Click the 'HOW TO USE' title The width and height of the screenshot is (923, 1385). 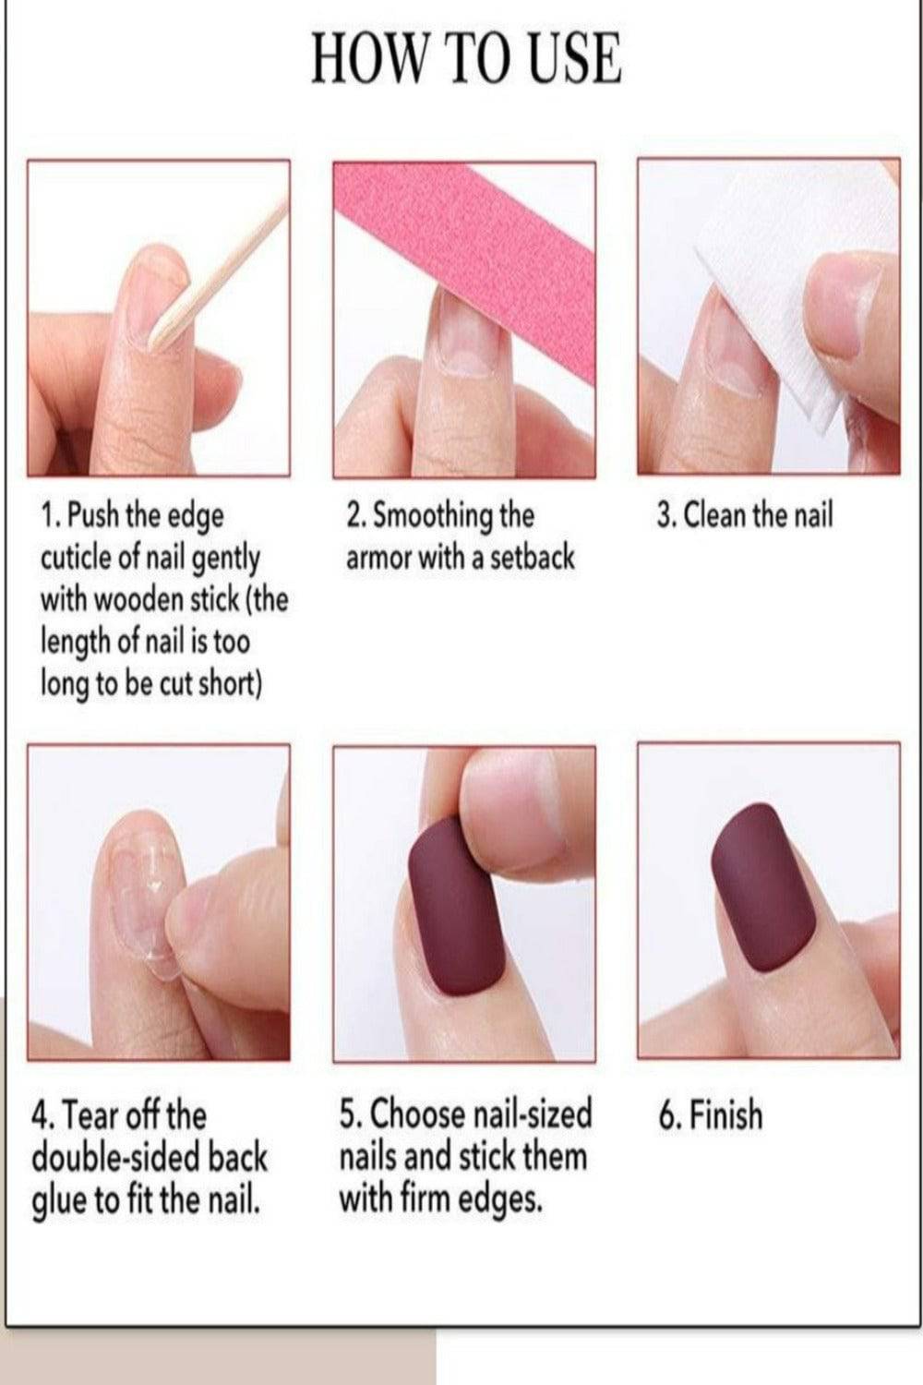tap(466, 59)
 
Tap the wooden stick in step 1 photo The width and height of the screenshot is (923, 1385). tap(220, 272)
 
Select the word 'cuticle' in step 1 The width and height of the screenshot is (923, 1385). tap(76, 558)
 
